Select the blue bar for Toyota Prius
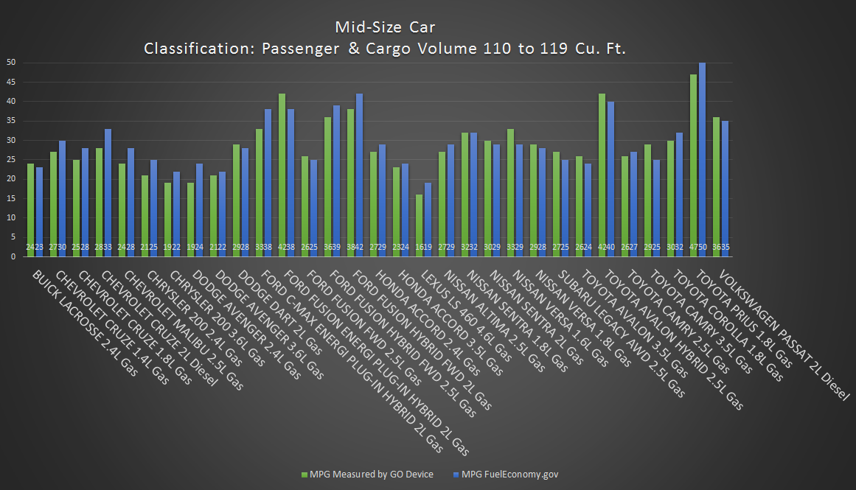coord(702,159)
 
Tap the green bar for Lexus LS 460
coord(420,225)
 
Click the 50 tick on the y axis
coord(11,62)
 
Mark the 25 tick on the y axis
coord(11,159)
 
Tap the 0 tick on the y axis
coord(13,256)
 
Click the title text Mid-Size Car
coord(385,27)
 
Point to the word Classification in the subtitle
coord(194,49)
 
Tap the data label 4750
coord(697,247)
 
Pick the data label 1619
coord(424,247)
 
